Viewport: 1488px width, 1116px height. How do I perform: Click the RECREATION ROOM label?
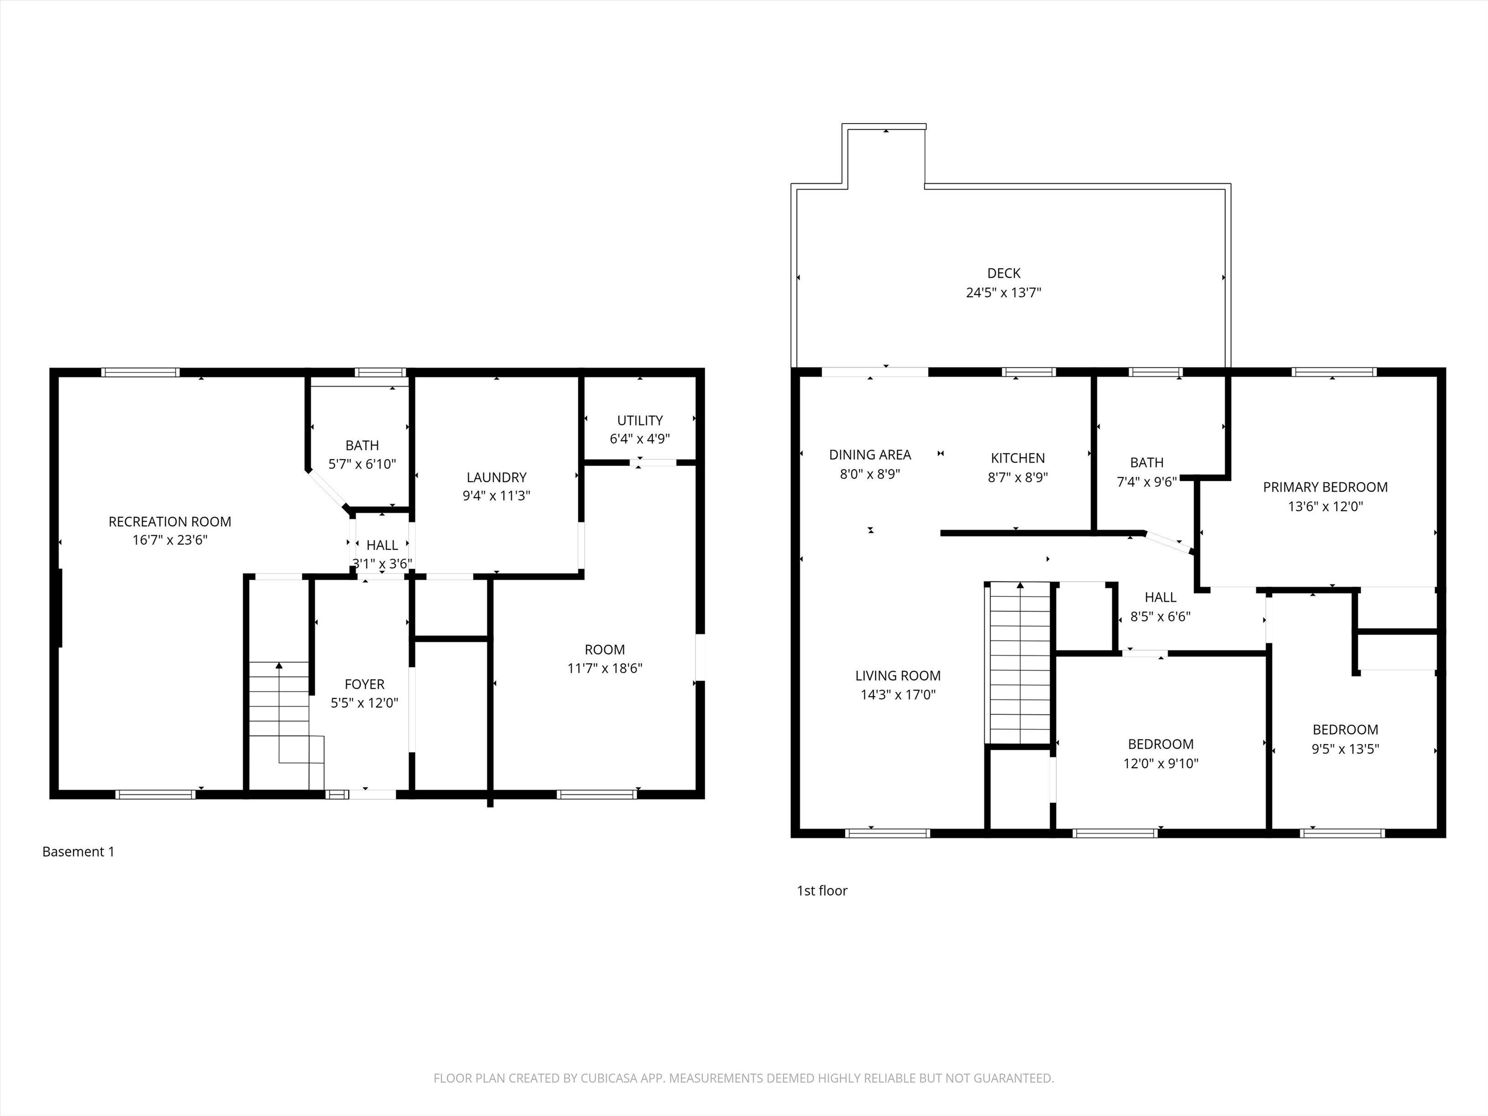170,521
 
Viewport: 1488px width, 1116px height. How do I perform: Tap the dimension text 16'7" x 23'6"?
170,540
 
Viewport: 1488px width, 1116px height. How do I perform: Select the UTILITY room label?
640,420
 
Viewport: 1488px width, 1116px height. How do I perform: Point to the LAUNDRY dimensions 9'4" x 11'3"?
496,496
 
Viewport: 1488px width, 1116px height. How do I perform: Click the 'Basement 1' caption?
78,852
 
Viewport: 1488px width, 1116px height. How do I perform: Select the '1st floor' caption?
822,891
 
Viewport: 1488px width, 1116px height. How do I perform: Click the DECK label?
1004,273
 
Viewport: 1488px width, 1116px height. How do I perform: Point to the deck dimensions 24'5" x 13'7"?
1004,293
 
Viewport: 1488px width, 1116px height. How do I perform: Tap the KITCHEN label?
1018,458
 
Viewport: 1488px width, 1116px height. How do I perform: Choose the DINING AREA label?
870,455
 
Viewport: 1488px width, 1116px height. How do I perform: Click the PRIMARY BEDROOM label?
1325,487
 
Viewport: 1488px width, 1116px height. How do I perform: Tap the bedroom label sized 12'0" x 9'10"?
1161,744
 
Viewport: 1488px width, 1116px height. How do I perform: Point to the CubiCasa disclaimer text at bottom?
744,1078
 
